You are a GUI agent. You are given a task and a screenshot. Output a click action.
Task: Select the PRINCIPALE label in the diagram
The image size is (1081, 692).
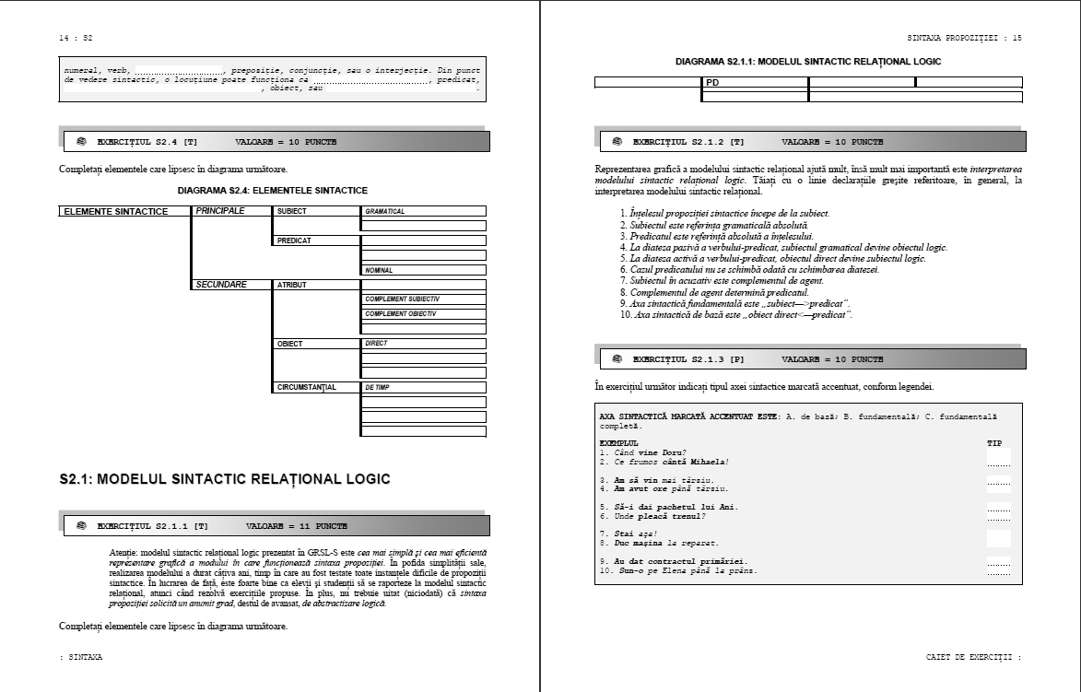pyautogui.click(x=220, y=211)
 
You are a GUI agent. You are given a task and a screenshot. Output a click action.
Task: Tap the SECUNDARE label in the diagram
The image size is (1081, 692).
pyautogui.click(x=221, y=285)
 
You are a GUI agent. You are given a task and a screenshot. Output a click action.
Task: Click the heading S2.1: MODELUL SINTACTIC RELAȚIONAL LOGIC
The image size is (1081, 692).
pyautogui.click(x=224, y=478)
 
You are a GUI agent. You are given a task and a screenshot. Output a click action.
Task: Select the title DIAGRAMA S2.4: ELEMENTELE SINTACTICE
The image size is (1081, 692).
pyautogui.click(x=272, y=190)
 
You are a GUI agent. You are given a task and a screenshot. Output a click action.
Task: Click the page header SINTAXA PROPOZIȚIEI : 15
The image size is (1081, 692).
pyautogui.click(x=964, y=38)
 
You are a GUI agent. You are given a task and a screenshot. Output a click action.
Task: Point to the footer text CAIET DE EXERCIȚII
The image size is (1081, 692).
pyautogui.click(x=972, y=657)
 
